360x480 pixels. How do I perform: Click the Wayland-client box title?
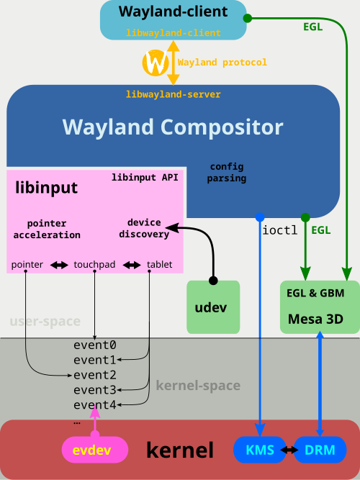(x=173, y=12)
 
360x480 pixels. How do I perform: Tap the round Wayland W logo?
(x=156, y=63)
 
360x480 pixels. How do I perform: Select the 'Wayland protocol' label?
(x=222, y=63)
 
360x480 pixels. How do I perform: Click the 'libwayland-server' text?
(x=173, y=94)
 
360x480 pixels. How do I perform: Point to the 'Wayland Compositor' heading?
(x=173, y=127)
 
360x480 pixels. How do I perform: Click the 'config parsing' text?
(x=228, y=172)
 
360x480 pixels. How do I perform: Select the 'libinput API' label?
(x=145, y=177)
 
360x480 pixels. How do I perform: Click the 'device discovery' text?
(x=144, y=228)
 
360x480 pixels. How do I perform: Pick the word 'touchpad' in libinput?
(x=95, y=265)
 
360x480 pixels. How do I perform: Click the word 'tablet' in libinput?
(x=159, y=265)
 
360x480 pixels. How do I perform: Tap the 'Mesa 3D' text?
(x=315, y=317)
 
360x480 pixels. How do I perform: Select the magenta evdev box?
(x=95, y=450)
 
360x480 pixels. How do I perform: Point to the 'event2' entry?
(x=94, y=374)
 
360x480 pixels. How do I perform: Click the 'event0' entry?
(x=94, y=345)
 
